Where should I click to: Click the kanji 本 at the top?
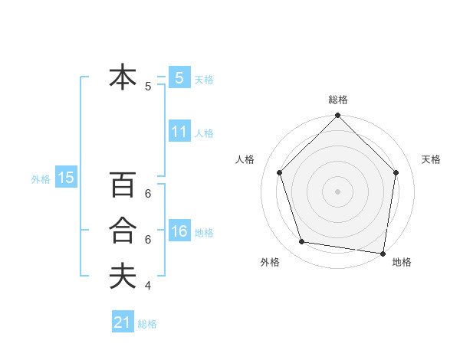pyautogui.click(x=123, y=77)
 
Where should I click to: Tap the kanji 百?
pyautogui.click(x=123, y=185)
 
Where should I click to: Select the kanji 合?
pyautogui.click(x=123, y=231)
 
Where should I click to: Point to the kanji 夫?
pyautogui.click(x=123, y=276)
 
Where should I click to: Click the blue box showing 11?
pyautogui.click(x=179, y=132)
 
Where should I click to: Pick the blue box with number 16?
pyautogui.click(x=179, y=231)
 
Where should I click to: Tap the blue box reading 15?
pyautogui.click(x=66, y=178)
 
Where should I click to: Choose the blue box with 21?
pyautogui.click(x=123, y=322)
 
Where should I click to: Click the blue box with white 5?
pyautogui.click(x=179, y=77)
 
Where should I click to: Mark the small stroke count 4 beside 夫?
pyautogui.click(x=148, y=286)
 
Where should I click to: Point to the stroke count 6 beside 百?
pyautogui.click(x=148, y=194)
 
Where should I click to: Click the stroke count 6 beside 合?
pyautogui.click(x=148, y=240)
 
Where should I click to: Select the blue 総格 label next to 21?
pyautogui.click(x=147, y=324)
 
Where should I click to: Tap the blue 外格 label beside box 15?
pyautogui.click(x=41, y=179)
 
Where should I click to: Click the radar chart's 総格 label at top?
pyautogui.click(x=337, y=100)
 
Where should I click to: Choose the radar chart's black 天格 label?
pyautogui.click(x=431, y=159)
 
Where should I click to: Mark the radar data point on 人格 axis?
pyautogui.click(x=280, y=172)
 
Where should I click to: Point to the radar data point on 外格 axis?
pyautogui.click(x=302, y=242)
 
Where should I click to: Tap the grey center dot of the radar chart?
pyautogui.click(x=337, y=191)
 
